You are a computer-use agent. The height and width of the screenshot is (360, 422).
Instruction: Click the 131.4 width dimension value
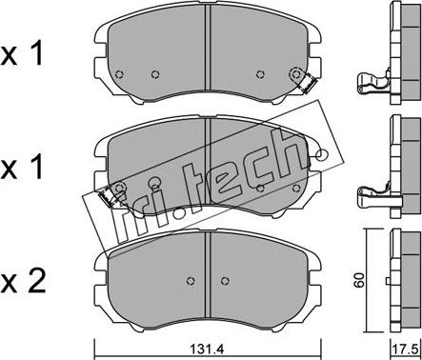(x=207, y=350)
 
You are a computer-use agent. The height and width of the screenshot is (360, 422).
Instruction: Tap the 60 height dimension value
(x=359, y=279)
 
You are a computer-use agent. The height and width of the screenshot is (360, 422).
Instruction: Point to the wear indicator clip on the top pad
(x=308, y=83)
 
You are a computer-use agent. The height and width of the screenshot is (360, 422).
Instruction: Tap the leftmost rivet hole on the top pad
(x=119, y=74)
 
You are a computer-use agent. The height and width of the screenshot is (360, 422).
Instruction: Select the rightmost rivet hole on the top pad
(x=296, y=74)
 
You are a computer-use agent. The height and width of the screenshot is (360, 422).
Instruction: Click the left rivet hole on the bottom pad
(x=191, y=281)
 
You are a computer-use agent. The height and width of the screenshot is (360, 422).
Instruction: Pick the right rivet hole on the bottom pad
(x=225, y=281)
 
